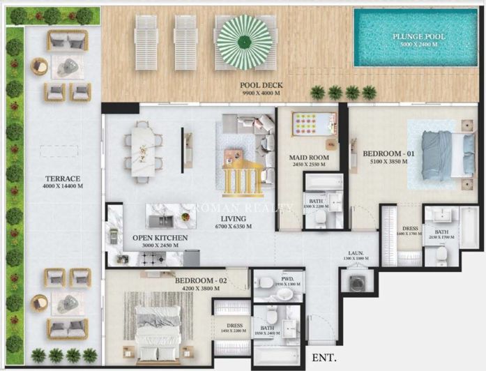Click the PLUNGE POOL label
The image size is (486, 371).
point(419,37)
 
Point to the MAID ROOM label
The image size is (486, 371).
point(309,158)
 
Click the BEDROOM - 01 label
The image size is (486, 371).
point(384,153)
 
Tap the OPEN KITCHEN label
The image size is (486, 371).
point(160,238)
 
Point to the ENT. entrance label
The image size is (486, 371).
point(325,358)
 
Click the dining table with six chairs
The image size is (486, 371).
point(143,149)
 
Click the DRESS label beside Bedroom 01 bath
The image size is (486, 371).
point(411,229)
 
